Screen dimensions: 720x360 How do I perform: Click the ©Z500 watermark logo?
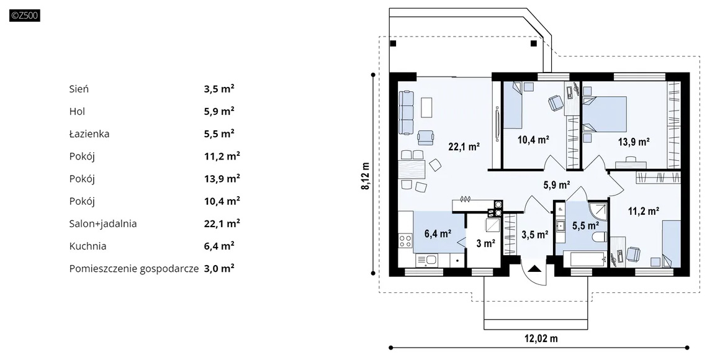point(25,16)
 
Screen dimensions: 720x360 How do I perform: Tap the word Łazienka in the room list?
point(89,133)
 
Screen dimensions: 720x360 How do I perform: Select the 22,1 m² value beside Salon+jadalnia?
point(222,223)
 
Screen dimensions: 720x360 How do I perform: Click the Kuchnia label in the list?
point(88,246)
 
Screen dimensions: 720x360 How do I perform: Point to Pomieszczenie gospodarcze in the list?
point(134,269)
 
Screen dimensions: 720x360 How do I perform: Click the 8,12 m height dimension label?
point(366,176)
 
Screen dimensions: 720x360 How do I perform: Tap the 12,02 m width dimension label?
point(541,339)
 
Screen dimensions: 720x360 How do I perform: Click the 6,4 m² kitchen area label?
point(438,234)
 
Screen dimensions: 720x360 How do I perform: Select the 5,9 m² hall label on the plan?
point(557,185)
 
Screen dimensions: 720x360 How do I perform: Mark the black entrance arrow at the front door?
point(534,268)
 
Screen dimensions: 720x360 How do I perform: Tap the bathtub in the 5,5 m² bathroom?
point(582,259)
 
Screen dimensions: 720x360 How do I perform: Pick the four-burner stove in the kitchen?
point(405,241)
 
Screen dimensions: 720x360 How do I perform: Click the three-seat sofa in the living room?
point(407,112)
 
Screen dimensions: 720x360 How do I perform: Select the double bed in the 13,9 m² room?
point(605,114)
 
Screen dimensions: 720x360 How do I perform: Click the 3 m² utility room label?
point(486,243)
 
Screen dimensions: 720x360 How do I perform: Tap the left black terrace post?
point(393,43)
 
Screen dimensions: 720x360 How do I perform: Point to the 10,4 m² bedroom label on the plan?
point(534,140)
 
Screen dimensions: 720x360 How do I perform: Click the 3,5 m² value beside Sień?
point(219,89)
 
